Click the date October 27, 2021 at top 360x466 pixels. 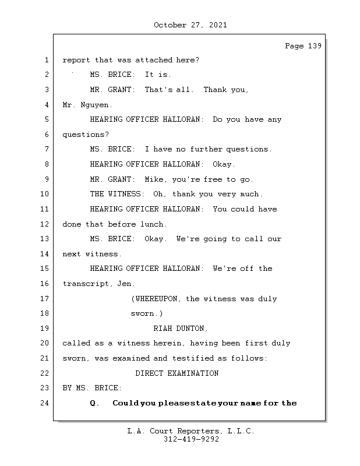tap(190, 25)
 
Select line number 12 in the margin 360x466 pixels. tap(45, 224)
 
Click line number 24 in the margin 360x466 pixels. tap(45, 403)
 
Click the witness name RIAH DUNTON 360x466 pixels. tap(181, 329)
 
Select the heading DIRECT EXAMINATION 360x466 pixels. tap(177, 373)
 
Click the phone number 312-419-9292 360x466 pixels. tap(191, 440)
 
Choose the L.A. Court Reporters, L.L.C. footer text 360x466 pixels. tap(190, 432)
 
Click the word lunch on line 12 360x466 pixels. tap(153, 224)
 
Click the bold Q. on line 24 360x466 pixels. tap(95, 403)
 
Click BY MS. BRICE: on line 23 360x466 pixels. tap(92, 388)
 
